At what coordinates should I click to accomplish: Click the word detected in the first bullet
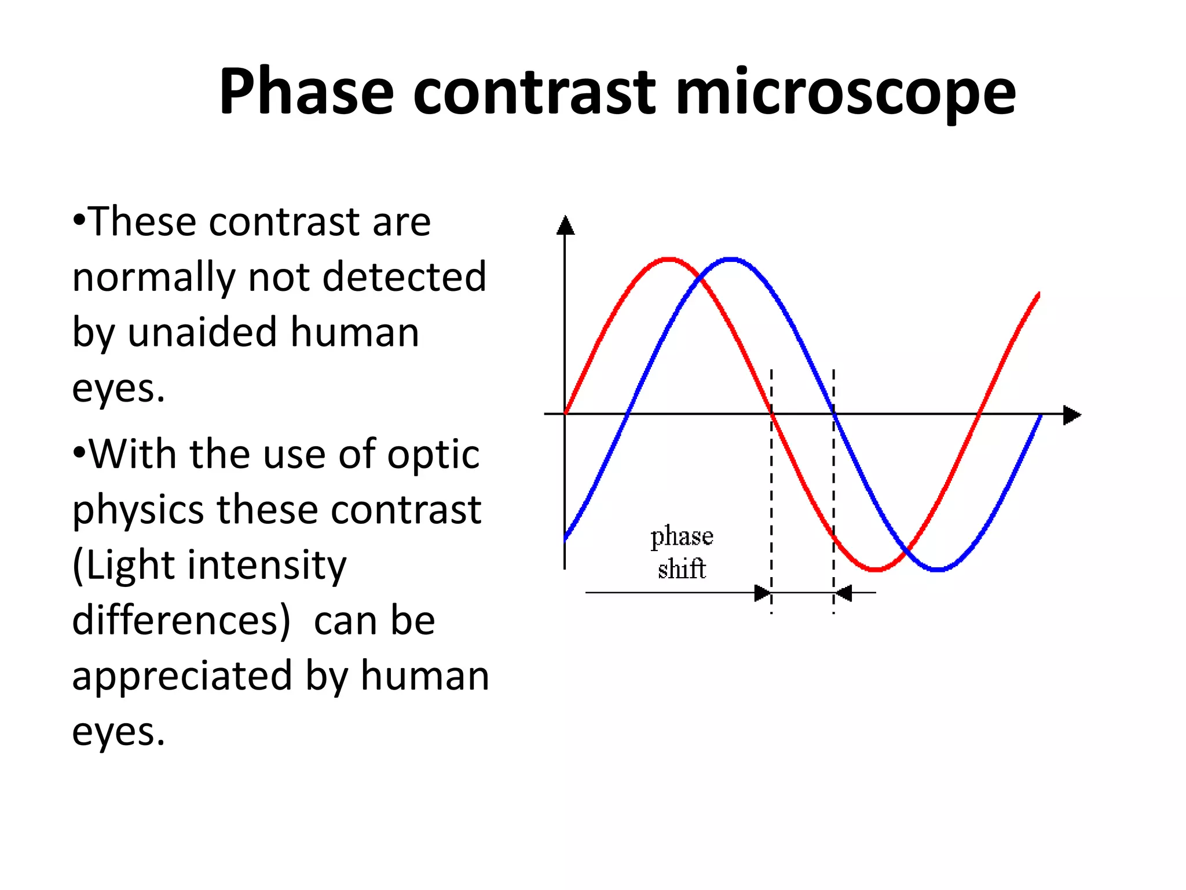pos(404,277)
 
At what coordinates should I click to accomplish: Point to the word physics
pos(138,510)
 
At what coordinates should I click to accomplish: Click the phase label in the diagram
pos(682,536)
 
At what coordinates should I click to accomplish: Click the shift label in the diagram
pos(682,568)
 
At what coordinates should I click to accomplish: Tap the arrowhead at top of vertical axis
pos(565,225)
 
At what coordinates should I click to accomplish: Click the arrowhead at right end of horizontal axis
pos(1071,415)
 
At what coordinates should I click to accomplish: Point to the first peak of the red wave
pos(669,259)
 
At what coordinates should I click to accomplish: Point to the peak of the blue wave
pos(731,259)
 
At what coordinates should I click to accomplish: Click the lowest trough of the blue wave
pos(938,570)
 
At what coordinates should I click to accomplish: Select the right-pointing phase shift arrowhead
pos(763,593)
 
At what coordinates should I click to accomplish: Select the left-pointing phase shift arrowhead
pos(843,593)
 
